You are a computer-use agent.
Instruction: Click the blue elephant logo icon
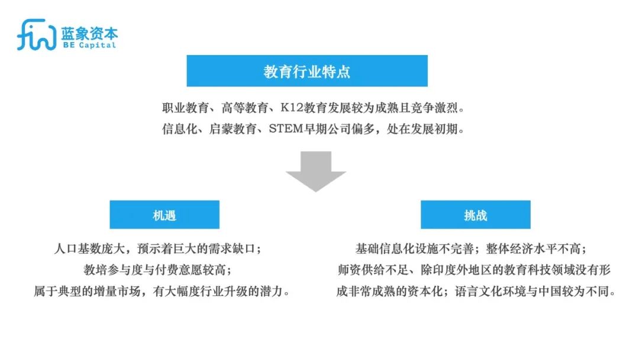[x=36, y=35]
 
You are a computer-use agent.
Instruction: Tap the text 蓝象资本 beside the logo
[x=90, y=33]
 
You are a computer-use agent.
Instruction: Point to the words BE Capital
[x=89, y=45]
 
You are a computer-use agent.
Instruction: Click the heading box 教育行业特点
[x=307, y=71]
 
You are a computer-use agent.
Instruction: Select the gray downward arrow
[x=316, y=171]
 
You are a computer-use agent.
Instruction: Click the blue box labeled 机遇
[x=164, y=214]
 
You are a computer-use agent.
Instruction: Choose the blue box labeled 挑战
[x=476, y=214]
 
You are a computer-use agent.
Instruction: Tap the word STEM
[x=286, y=129]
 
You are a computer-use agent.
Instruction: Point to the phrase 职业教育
[x=186, y=108]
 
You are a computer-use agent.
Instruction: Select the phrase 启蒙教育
[x=233, y=129]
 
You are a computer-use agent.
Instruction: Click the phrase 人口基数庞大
[x=89, y=249]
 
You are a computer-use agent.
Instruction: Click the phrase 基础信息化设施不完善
[x=414, y=249]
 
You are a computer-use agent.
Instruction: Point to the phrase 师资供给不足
[x=373, y=270]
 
